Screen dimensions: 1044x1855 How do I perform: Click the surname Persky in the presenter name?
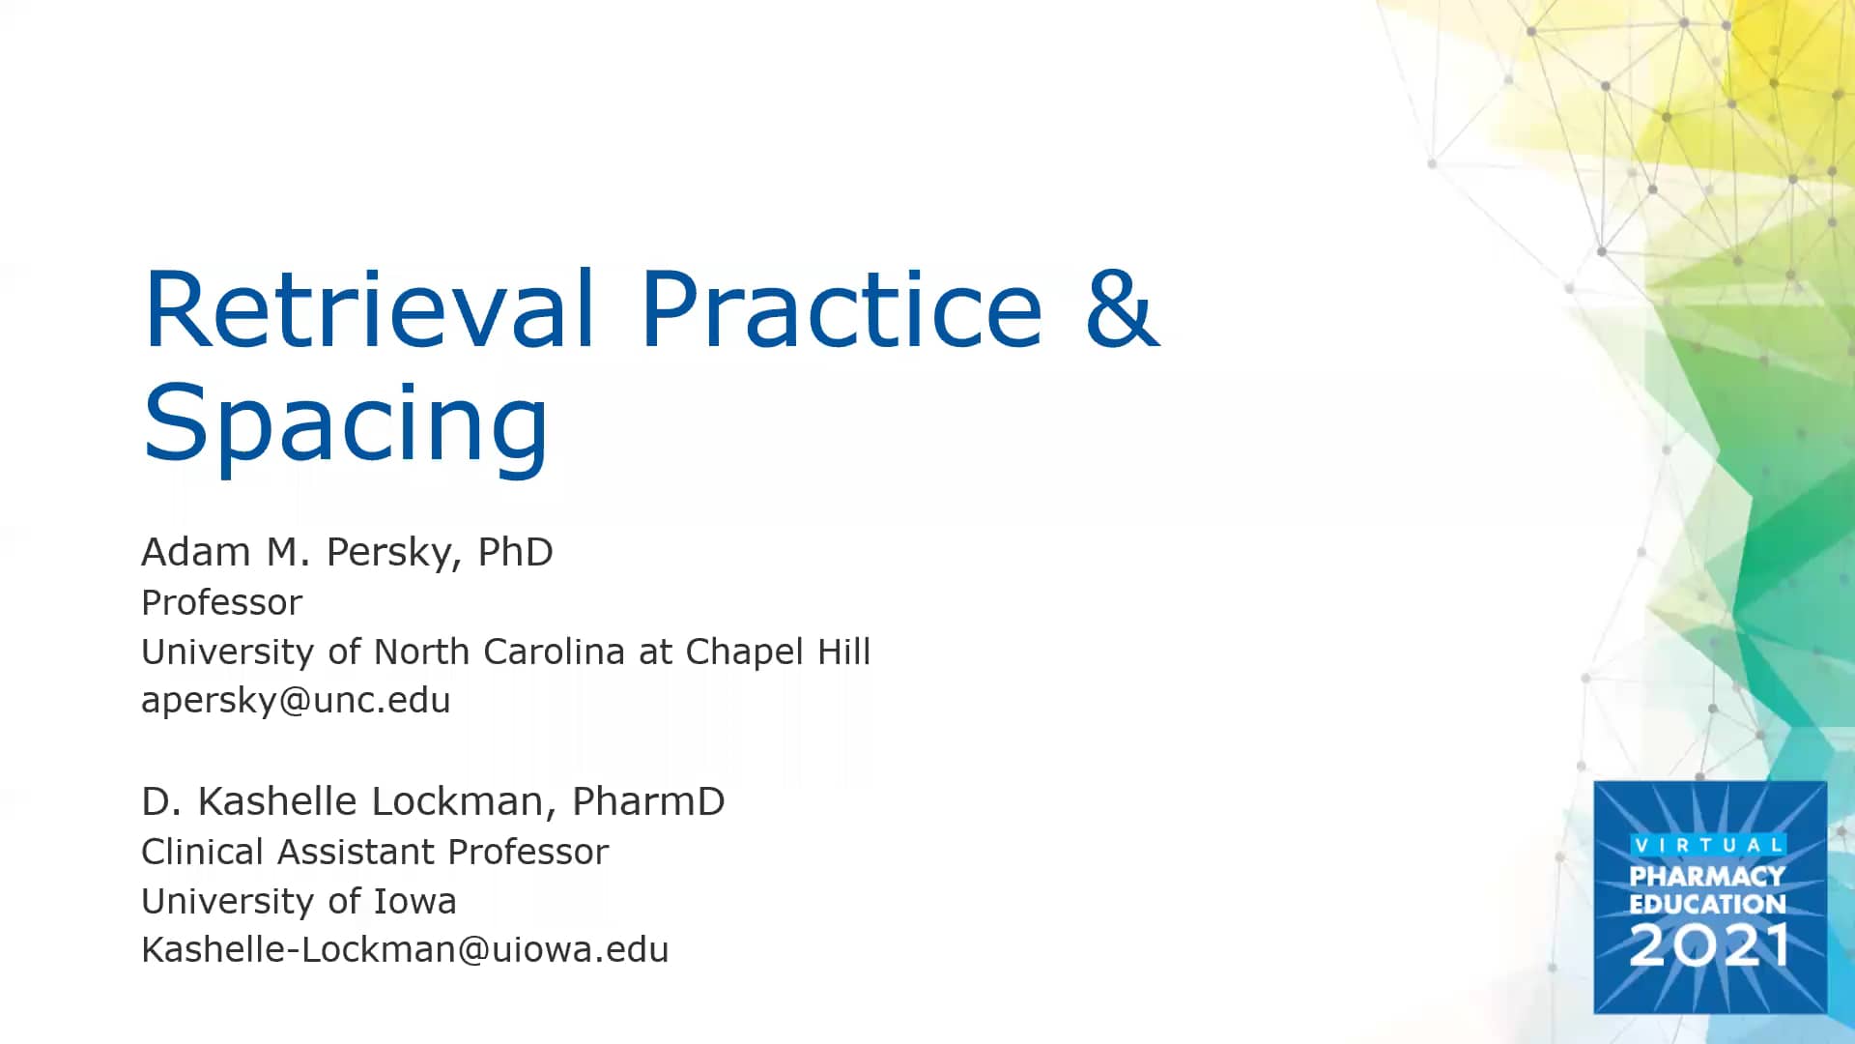(388, 552)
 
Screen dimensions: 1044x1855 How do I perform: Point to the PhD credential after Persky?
(515, 552)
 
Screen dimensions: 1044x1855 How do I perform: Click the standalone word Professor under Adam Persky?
(221, 602)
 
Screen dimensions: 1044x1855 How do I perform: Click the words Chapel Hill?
(778, 652)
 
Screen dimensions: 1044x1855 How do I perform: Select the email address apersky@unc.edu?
(296, 700)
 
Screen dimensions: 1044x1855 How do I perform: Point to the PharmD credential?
(648, 801)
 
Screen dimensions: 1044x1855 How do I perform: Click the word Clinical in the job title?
(202, 852)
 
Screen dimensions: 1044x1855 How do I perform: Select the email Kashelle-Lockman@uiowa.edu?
(405, 949)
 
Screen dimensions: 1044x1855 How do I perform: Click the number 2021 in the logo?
(1708, 944)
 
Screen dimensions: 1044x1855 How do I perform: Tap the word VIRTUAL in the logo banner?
(1708, 845)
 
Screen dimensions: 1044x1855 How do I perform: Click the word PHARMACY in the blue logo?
(1707, 876)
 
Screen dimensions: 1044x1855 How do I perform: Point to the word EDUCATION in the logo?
(1707, 904)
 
